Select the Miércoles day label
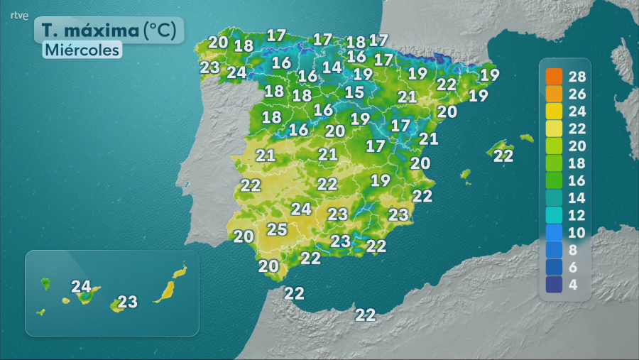tap(82, 50)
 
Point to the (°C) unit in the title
tap(163, 31)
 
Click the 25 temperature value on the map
tap(276, 229)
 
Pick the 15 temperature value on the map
tap(354, 92)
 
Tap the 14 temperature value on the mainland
tap(332, 67)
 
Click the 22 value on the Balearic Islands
tap(503, 156)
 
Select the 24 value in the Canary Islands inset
tap(82, 287)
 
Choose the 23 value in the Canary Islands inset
tap(127, 302)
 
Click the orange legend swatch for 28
tap(555, 76)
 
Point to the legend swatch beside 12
tap(555, 215)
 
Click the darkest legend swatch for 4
tap(555, 285)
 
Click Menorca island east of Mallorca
tap(526, 138)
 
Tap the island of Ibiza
tap(466, 174)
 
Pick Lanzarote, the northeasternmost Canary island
tap(180, 271)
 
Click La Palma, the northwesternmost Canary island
tap(45, 283)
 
